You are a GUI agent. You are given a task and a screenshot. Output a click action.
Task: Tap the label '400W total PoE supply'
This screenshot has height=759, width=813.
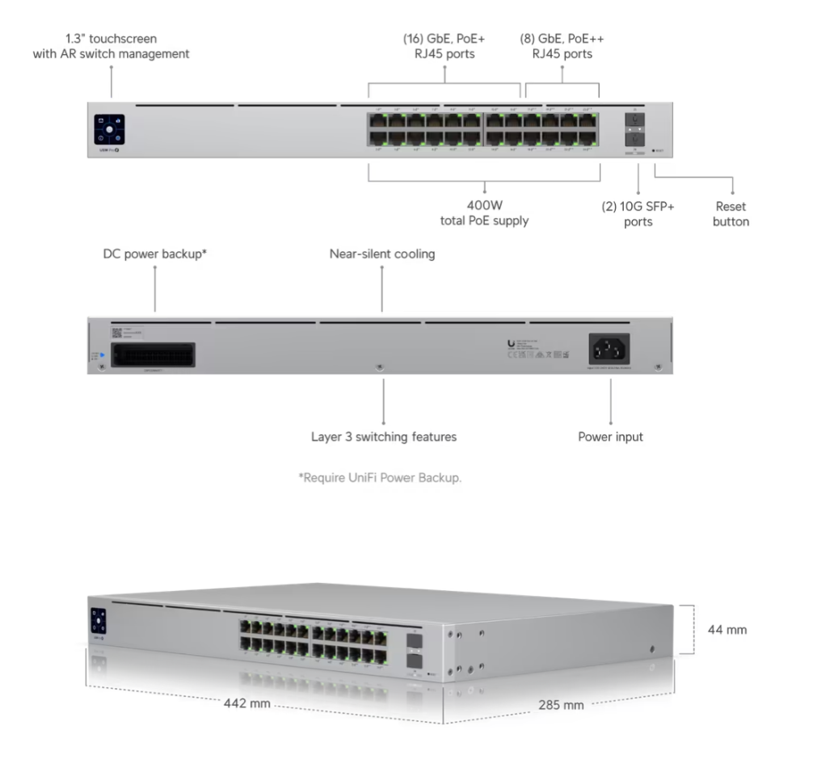[484, 213]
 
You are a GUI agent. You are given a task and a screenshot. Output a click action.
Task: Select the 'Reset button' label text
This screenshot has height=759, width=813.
[731, 214]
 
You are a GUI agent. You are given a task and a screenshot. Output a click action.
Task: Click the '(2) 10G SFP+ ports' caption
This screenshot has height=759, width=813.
[638, 214]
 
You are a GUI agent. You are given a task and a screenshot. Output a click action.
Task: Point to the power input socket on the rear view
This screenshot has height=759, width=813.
[611, 349]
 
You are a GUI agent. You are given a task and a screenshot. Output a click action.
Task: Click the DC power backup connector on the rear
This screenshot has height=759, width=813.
[154, 355]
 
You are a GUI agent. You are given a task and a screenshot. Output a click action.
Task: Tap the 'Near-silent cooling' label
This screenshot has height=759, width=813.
[382, 254]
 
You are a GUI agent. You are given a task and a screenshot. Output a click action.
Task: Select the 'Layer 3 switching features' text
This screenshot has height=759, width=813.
[384, 437]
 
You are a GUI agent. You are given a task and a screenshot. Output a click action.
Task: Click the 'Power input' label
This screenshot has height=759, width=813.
[611, 437]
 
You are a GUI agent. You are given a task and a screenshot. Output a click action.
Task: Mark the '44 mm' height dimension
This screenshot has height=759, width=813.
[728, 629]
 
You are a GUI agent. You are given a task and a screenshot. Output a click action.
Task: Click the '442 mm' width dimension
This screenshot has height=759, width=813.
[247, 702]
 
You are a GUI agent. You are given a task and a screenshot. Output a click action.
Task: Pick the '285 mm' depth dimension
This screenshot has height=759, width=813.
[561, 705]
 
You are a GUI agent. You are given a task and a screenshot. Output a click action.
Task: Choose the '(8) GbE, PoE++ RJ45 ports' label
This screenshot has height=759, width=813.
[562, 47]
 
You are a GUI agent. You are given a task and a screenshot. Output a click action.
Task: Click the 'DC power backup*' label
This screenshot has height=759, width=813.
[155, 254]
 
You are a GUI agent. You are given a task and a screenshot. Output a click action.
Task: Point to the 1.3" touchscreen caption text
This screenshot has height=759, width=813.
[111, 47]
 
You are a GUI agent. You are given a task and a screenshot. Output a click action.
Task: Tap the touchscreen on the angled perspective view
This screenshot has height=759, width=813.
[98, 620]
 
